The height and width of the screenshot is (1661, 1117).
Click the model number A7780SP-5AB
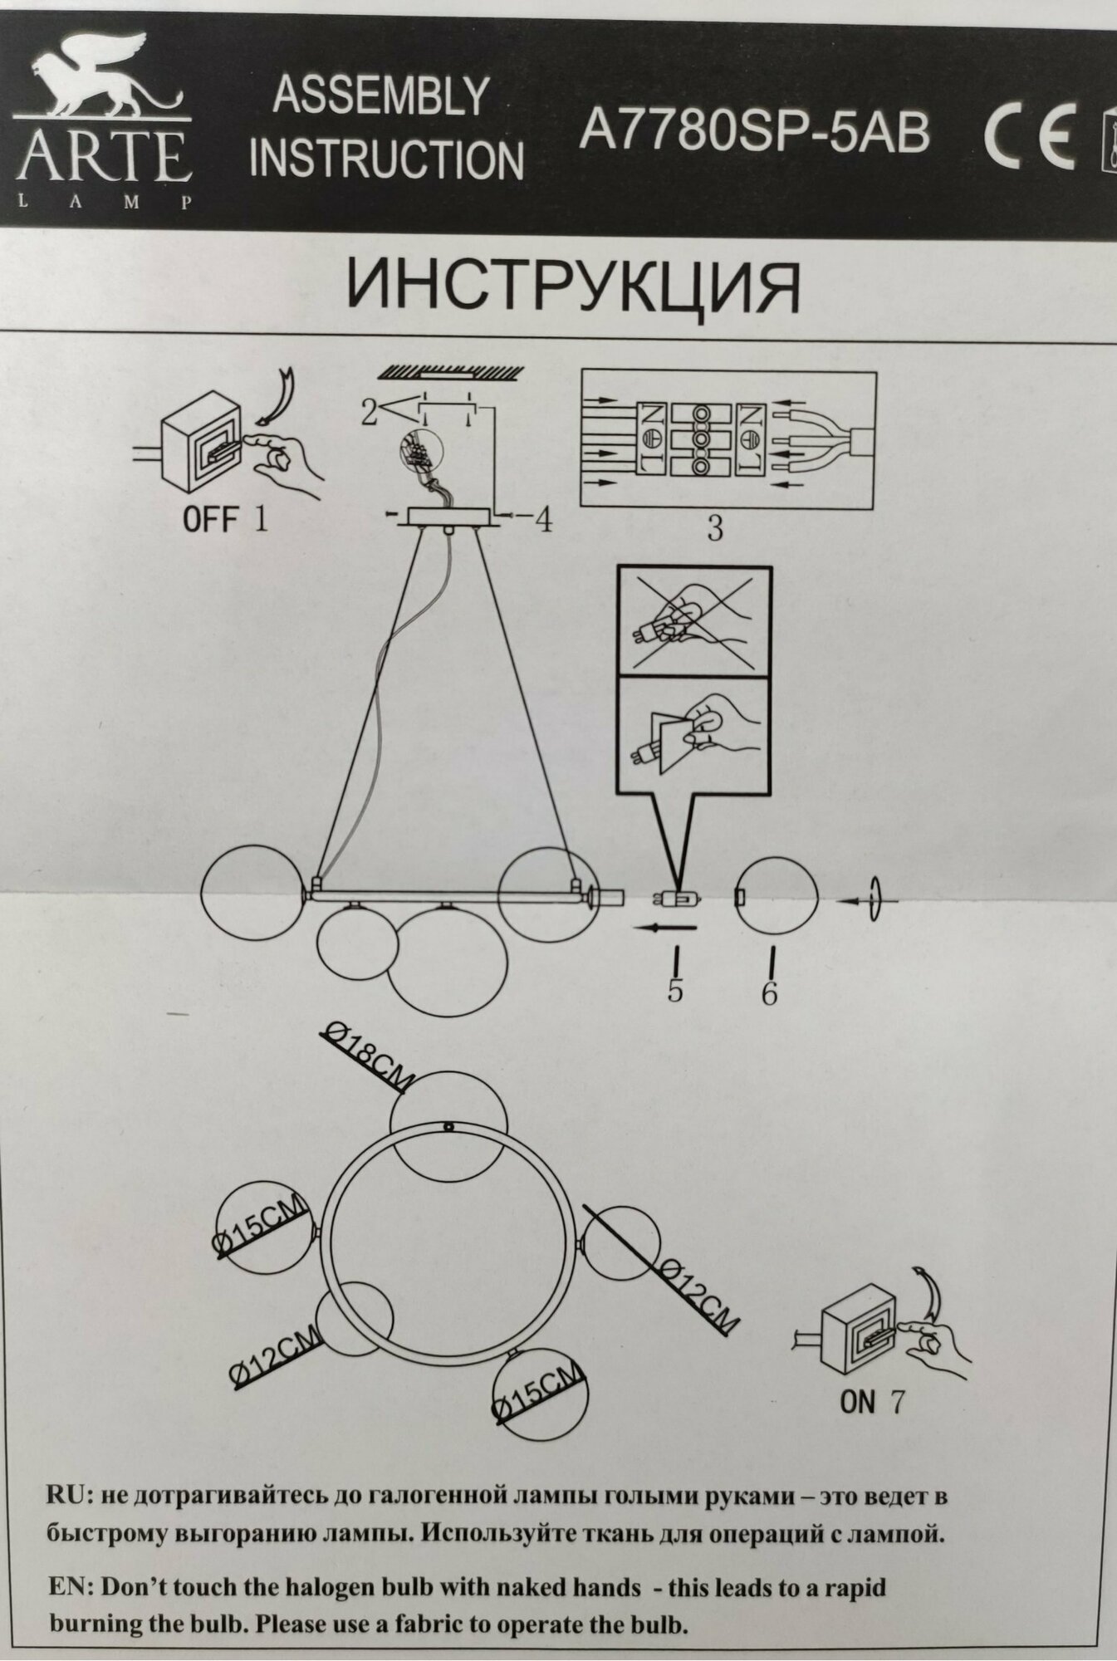coord(754,132)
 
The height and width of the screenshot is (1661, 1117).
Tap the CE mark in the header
coord(1030,135)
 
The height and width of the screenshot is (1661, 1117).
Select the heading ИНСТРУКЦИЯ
coord(573,287)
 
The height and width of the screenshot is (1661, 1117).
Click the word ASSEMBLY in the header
coord(380,97)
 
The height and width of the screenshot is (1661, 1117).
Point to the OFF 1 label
coord(225,521)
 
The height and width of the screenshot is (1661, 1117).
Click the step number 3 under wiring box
coord(715,528)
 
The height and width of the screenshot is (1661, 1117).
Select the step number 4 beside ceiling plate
coord(542,520)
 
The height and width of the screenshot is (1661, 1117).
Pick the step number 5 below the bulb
coord(675,989)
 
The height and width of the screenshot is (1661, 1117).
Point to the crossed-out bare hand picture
coord(693,622)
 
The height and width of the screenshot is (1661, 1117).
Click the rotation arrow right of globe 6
coord(872,900)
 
